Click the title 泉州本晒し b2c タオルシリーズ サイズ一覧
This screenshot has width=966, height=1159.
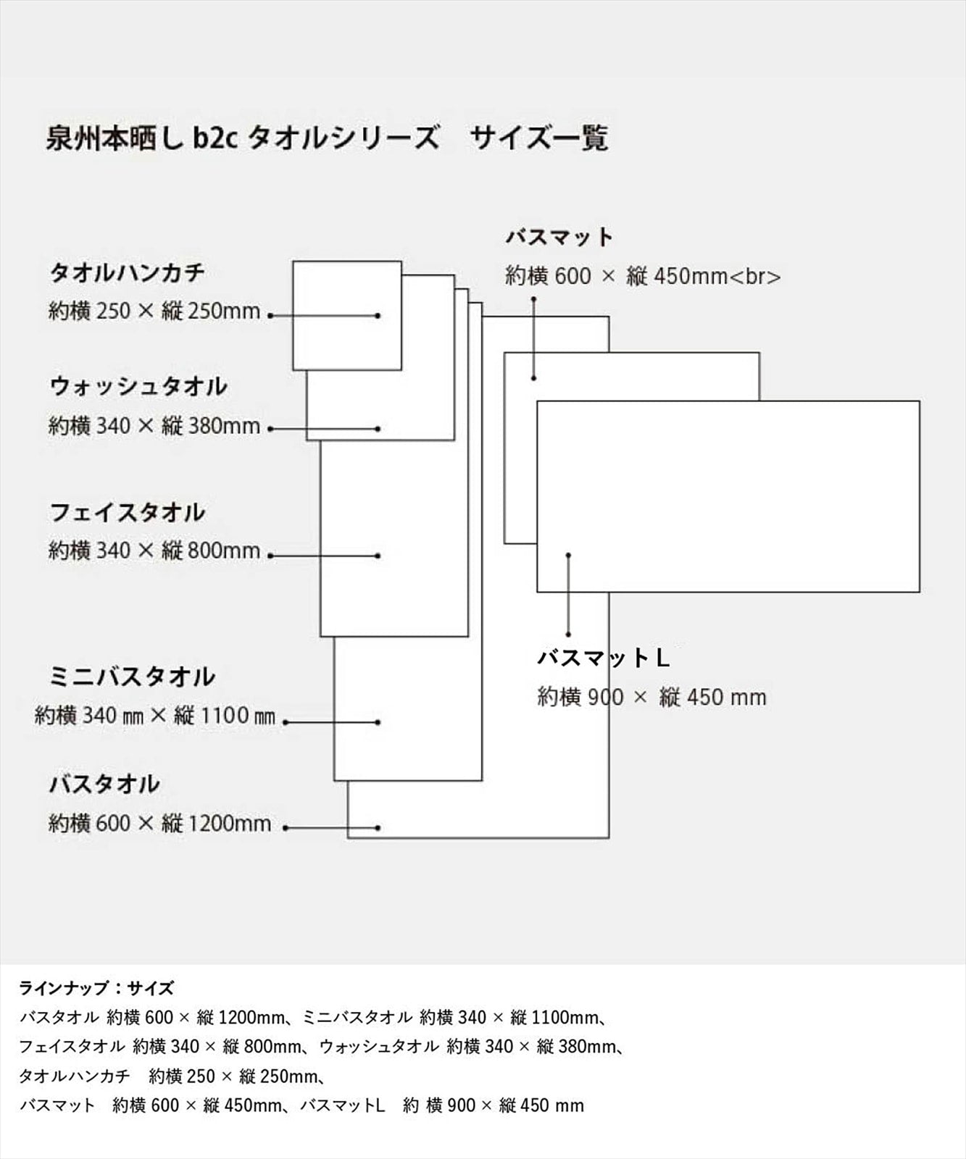coord(327,138)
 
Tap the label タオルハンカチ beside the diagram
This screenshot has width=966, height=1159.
coord(128,273)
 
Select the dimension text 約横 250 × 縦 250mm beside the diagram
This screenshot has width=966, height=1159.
coord(154,311)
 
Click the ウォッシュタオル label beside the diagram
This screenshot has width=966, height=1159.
coord(138,386)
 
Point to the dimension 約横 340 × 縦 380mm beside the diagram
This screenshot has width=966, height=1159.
coord(154,425)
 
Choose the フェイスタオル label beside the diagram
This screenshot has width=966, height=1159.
coord(128,513)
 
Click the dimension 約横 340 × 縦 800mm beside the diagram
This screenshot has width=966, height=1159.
coord(154,551)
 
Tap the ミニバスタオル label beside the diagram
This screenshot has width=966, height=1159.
coord(132,677)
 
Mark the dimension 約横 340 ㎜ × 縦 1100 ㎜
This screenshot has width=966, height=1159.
coord(155,716)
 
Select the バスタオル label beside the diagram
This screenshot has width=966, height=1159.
coord(104,784)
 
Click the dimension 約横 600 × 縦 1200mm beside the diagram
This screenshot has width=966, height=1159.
coord(159,824)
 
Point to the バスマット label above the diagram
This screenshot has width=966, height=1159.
coord(559,237)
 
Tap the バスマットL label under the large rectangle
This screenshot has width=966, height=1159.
coord(603,658)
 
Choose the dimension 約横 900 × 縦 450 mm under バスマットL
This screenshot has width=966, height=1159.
coord(651,698)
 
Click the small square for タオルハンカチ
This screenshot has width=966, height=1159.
coord(347,261)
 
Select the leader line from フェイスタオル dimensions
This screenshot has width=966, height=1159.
coord(324,556)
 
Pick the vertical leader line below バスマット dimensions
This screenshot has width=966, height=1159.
coord(533,338)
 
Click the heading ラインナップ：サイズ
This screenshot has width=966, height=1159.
coord(96,988)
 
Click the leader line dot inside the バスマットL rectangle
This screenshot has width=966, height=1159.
coord(568,555)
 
